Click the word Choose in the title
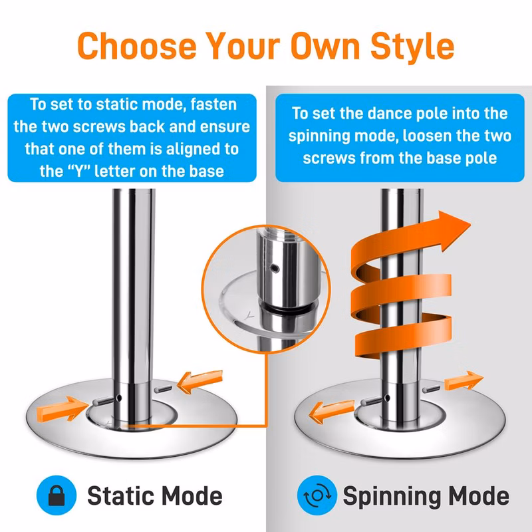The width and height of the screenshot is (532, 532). [137, 46]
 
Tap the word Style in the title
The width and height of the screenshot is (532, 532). [412, 48]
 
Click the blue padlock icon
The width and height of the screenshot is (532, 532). [57, 495]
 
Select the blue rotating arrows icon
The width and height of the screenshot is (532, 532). [317, 495]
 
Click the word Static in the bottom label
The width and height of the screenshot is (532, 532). [120, 496]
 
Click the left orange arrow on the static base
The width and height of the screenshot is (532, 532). [62, 408]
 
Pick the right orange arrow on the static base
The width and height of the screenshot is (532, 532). [200, 381]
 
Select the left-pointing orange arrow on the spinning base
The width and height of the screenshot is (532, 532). [331, 411]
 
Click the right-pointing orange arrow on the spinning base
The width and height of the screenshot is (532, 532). [464, 380]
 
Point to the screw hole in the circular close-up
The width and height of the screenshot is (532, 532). [275, 269]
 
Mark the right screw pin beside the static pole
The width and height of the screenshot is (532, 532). [163, 389]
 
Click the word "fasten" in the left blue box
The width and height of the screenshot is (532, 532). [213, 104]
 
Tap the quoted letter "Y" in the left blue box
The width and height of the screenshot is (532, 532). [78, 171]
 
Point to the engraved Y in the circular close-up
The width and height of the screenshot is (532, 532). [249, 315]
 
